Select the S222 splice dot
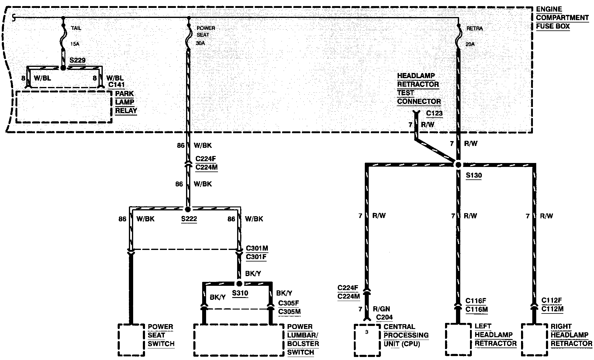click(188, 209)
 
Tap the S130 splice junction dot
click(458, 165)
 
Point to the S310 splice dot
click(239, 284)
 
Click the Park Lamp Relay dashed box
click(64, 107)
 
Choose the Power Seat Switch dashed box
click(131, 340)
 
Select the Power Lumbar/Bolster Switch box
click(239, 340)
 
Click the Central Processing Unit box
click(367, 340)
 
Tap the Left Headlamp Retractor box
click(458, 339)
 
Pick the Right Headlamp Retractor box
click(534, 339)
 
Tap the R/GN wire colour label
click(381, 309)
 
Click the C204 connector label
click(384, 317)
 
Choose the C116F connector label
click(476, 301)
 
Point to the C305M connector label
click(289, 312)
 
